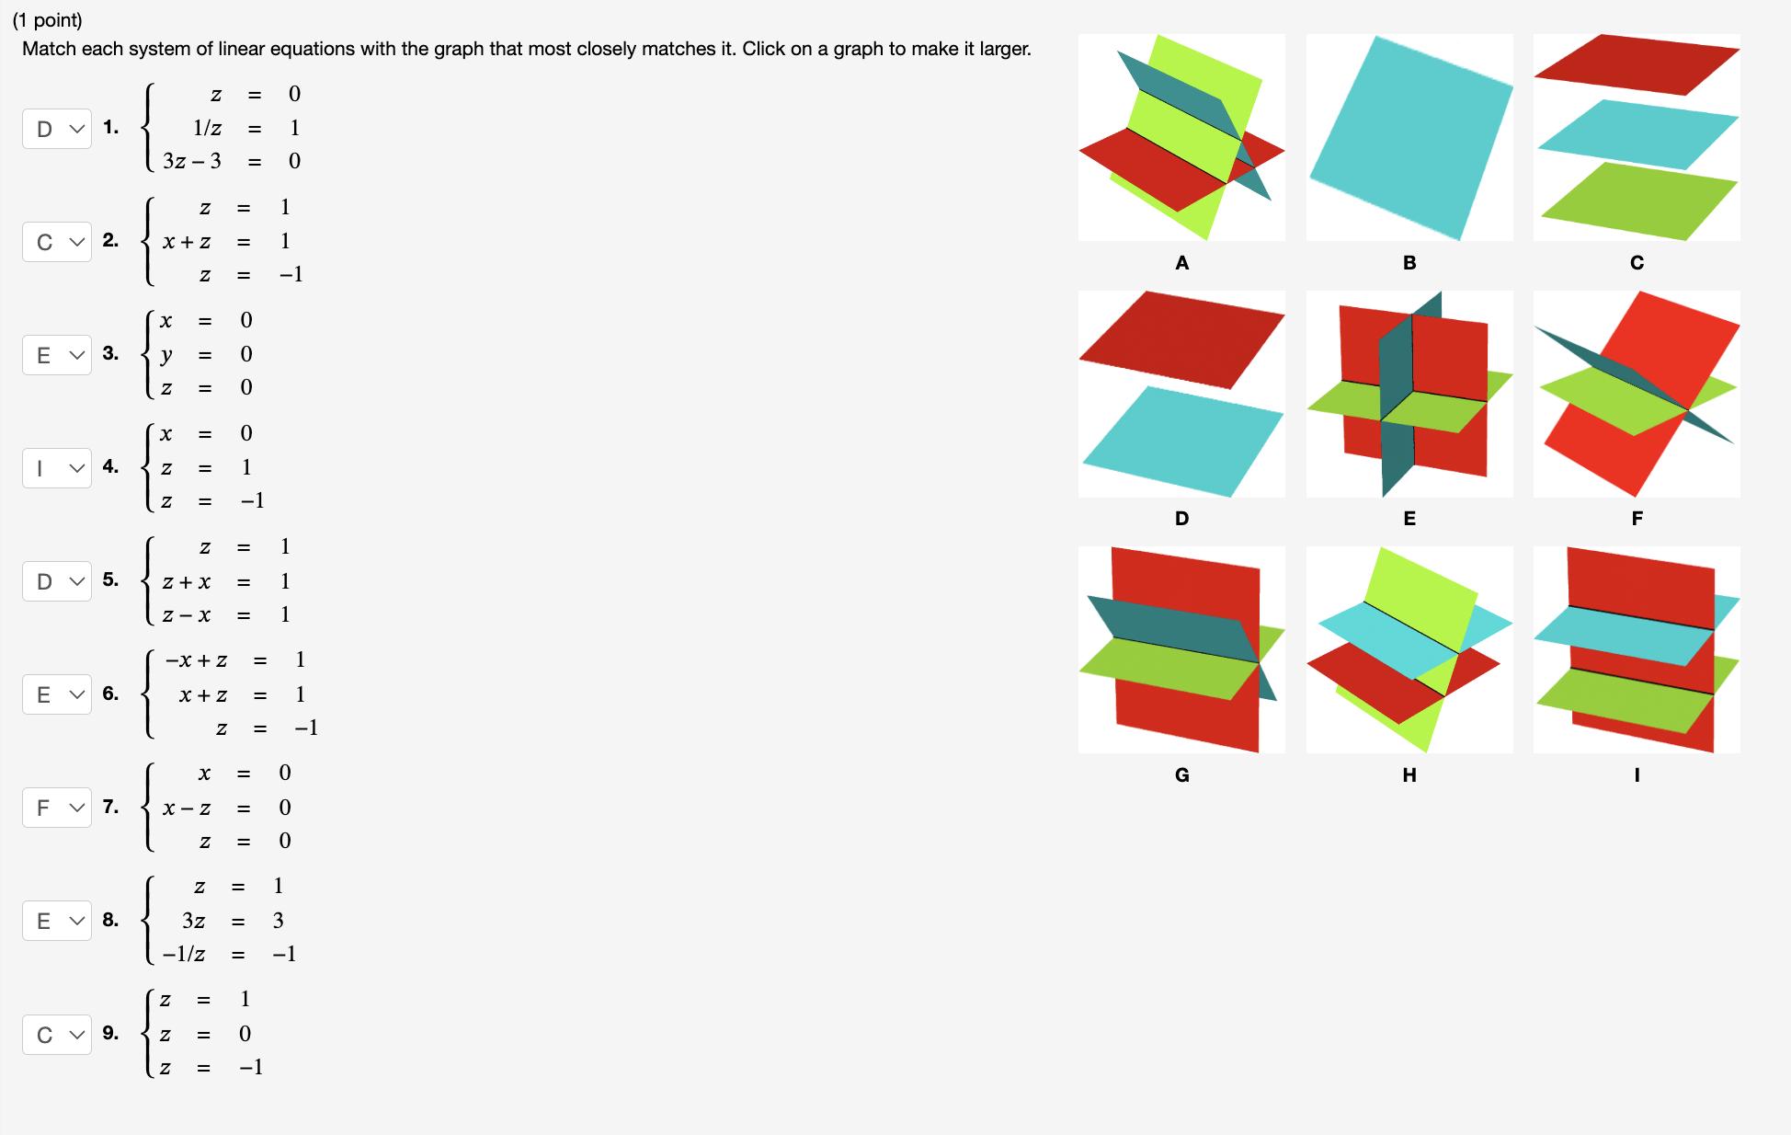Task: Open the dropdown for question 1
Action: (x=57, y=129)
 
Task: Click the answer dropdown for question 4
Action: (x=57, y=468)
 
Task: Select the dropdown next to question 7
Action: (x=57, y=808)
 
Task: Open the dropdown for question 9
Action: (x=57, y=1035)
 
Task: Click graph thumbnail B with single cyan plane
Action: (x=1409, y=138)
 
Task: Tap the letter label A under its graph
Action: (x=1181, y=263)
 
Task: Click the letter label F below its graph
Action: (x=1637, y=519)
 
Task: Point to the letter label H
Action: (x=1409, y=775)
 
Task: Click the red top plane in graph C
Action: (x=1637, y=63)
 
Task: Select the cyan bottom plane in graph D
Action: (x=1181, y=441)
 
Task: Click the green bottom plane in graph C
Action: (x=1637, y=201)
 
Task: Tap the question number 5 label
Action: (x=110, y=580)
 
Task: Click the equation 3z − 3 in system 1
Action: (x=192, y=162)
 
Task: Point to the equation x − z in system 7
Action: (x=187, y=808)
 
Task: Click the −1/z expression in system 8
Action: (x=184, y=955)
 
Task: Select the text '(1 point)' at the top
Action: (x=47, y=20)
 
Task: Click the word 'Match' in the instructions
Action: (x=50, y=49)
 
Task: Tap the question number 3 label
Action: (x=110, y=354)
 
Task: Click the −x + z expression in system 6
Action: (x=196, y=660)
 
